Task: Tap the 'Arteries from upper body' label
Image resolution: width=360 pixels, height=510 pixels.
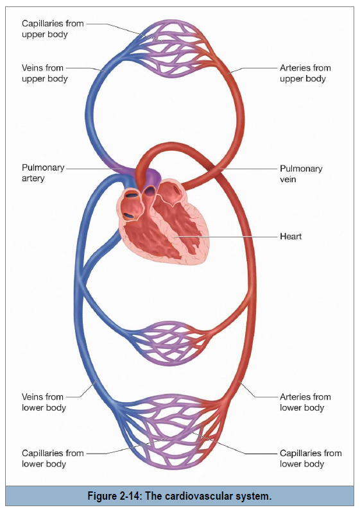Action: coord(305,73)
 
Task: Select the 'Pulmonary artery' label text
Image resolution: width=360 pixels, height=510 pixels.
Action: coord(43,173)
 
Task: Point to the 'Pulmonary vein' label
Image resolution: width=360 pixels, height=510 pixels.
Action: coord(301,174)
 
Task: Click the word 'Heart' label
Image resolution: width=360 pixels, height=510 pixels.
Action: coord(291,236)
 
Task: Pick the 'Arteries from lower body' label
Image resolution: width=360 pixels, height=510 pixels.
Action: coord(305,402)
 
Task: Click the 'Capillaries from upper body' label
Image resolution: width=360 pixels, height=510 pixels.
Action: coord(53,29)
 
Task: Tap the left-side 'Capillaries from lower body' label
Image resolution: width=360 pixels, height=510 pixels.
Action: coord(53,458)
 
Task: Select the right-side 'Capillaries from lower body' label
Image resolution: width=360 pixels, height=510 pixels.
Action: coord(311,458)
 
